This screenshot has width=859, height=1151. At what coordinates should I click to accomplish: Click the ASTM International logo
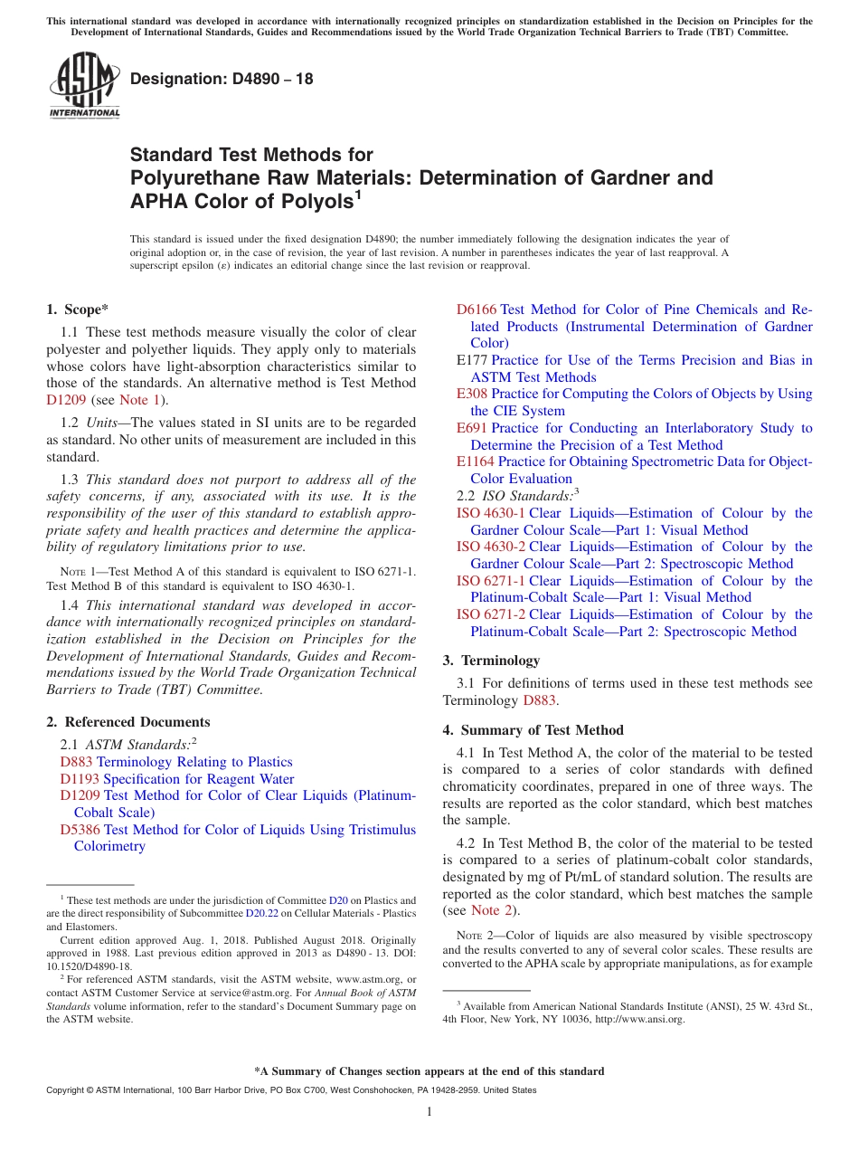click(x=84, y=86)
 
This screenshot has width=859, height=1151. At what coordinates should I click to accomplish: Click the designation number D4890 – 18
click(x=222, y=79)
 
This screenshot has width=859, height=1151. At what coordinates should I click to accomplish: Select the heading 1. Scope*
click(x=78, y=309)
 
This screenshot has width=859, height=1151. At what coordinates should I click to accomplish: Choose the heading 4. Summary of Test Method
click(x=533, y=730)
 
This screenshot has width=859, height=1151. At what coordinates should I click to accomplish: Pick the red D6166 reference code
click(x=477, y=309)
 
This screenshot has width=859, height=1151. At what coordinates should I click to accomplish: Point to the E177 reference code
click(x=473, y=360)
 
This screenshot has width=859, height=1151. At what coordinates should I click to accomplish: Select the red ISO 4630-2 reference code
click(x=490, y=547)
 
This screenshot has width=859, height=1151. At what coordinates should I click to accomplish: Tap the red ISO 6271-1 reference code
click(x=490, y=581)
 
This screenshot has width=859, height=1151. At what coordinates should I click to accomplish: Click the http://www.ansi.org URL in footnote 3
click(x=642, y=1019)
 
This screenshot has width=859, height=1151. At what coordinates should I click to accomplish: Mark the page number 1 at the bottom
click(x=429, y=1112)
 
